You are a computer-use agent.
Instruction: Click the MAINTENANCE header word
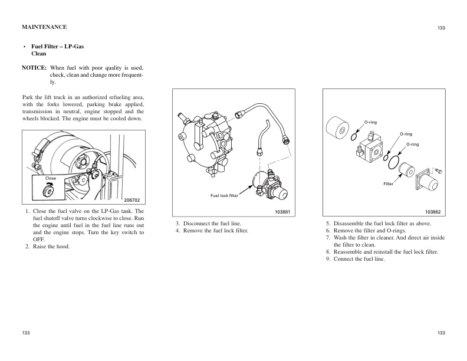(x=44, y=27)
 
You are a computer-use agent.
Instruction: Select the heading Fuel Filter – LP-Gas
(x=57, y=46)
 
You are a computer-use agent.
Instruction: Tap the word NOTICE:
(x=34, y=67)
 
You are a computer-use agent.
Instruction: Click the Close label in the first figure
(x=51, y=178)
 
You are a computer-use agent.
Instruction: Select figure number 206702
(x=131, y=201)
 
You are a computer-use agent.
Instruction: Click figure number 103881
(x=284, y=211)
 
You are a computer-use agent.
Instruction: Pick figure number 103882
(x=433, y=211)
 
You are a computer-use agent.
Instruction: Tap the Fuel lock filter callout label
(x=224, y=195)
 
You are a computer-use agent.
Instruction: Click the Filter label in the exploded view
(x=388, y=185)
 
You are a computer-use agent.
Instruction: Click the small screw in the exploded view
(x=439, y=170)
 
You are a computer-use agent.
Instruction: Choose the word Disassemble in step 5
(x=351, y=224)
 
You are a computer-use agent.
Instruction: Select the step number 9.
(x=328, y=259)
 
